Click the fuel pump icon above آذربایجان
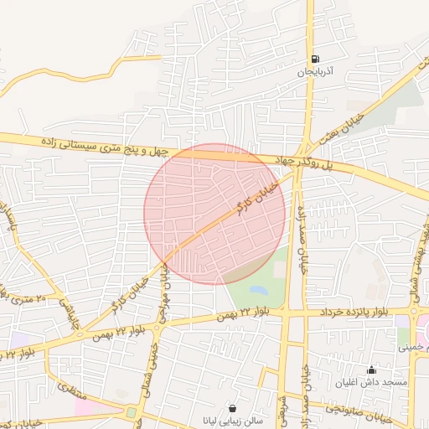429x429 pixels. pyautogui.click(x=315, y=59)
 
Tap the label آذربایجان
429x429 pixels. pyautogui.click(x=315, y=73)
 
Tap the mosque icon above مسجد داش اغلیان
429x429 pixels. pyautogui.click(x=372, y=370)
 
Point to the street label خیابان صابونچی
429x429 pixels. pyautogui.click(x=360, y=410)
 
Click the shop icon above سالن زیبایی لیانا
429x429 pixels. pyautogui.click(x=231, y=408)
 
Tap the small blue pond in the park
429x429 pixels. pyautogui.click(x=258, y=291)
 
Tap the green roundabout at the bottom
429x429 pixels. pyautogui.click(x=132, y=412)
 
